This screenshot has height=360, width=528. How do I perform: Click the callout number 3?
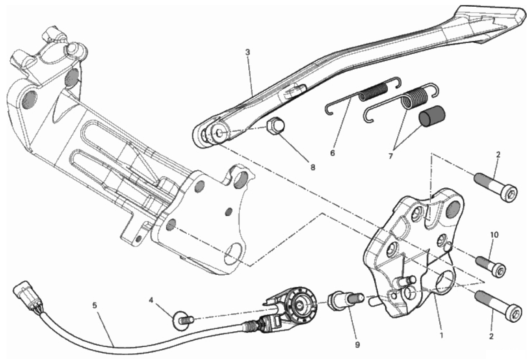tap(247, 52)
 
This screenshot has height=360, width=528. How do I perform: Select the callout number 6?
tap(333, 153)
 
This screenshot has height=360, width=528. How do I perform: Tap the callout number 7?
tap(390, 156)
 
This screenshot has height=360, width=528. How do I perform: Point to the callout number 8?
tap(313, 167)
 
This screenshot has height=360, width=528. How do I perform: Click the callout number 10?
tap(494, 235)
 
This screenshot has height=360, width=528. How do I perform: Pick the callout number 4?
tap(151, 300)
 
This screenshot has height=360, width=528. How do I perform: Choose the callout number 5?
tap(95, 305)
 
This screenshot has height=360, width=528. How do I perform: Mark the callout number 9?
tap(357, 345)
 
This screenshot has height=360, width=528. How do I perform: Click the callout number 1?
tap(442, 335)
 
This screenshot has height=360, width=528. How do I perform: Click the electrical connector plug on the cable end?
tap(26, 292)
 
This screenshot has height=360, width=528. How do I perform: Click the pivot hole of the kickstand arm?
tap(220, 133)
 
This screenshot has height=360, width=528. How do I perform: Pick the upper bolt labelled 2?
tap(495, 187)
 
